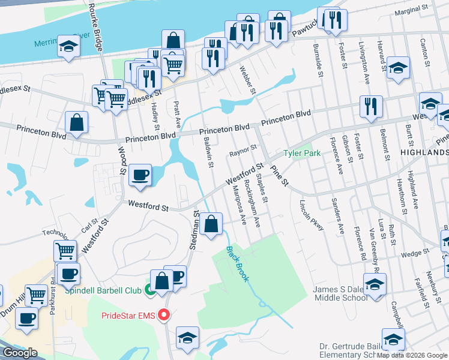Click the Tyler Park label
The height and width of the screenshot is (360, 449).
tap(303, 154)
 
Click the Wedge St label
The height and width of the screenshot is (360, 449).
tap(412, 254)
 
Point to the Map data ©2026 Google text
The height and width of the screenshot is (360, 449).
tap(412, 355)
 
